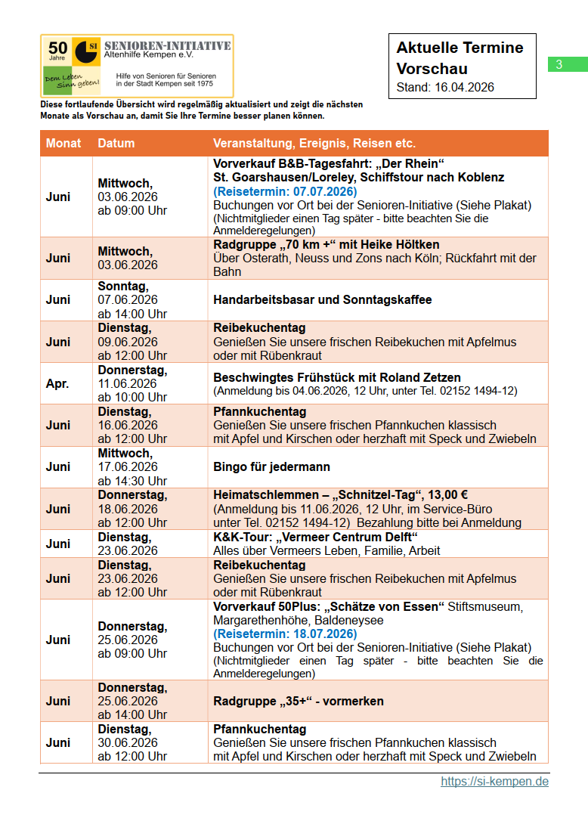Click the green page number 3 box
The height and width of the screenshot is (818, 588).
click(x=559, y=65)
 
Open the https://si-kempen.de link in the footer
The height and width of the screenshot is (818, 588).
click(x=494, y=781)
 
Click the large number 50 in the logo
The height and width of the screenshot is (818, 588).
click(x=58, y=48)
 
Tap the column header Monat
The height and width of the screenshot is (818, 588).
click(x=63, y=144)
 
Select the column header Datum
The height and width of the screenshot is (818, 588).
click(x=116, y=144)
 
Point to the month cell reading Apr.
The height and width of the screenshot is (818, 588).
click(x=57, y=383)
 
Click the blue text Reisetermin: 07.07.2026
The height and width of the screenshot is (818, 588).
click(x=285, y=191)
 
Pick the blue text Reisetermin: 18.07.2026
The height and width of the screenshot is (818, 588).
click(x=285, y=634)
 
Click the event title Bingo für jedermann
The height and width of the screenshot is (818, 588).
click(x=271, y=467)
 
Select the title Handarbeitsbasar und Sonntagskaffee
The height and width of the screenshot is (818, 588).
click(x=323, y=300)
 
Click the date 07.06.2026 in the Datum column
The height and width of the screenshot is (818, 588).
click(x=128, y=300)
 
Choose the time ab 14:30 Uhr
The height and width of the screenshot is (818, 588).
click(x=132, y=481)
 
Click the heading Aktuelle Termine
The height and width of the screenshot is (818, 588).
click(x=460, y=48)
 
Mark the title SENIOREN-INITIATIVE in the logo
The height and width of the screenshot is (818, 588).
click(x=168, y=46)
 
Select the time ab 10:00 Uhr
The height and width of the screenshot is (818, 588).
click(x=132, y=397)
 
